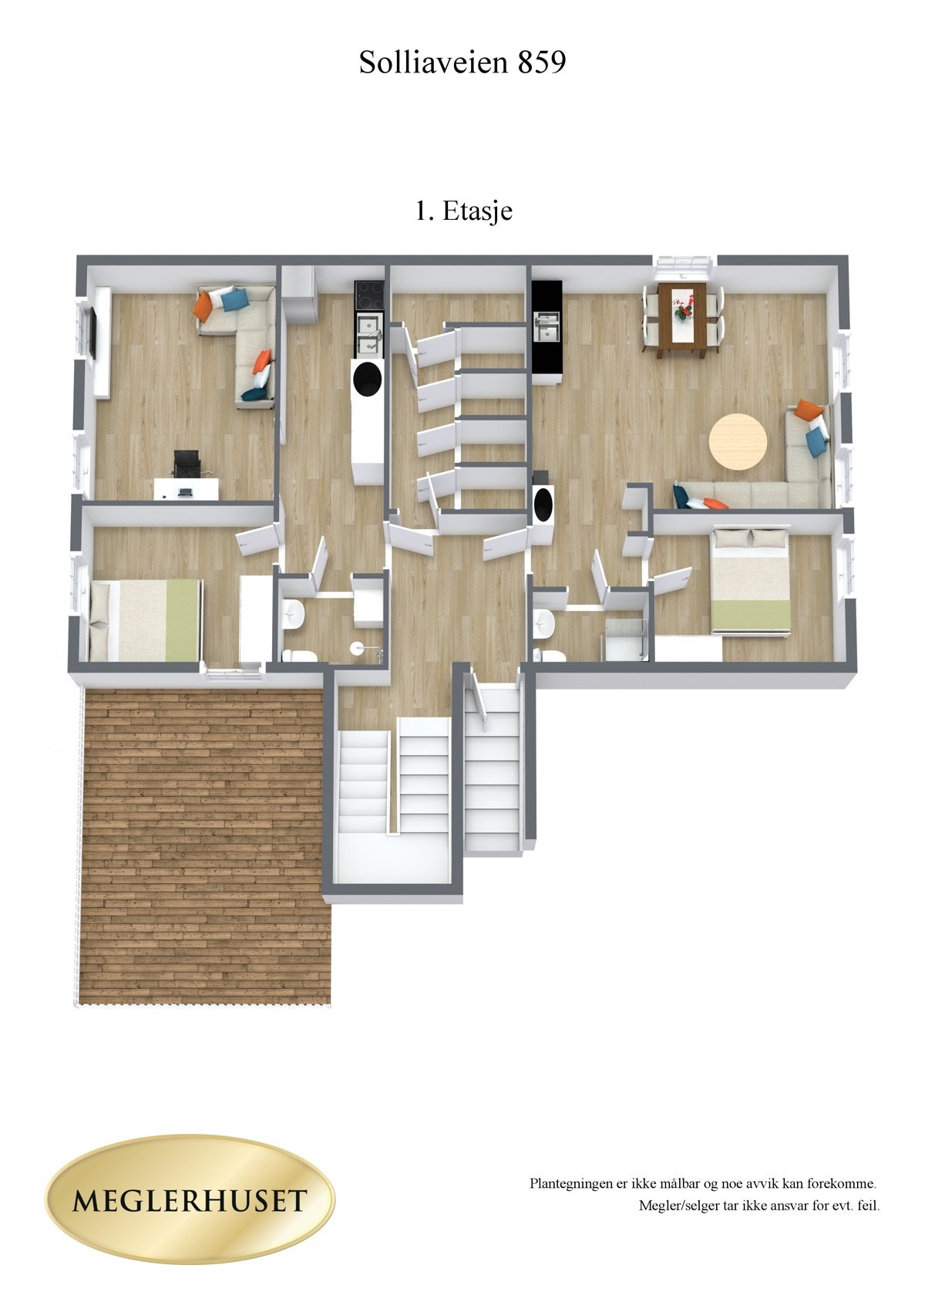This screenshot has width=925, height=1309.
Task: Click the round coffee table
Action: click(738, 441)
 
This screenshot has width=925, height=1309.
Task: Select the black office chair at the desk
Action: click(186, 466)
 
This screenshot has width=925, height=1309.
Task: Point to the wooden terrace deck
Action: click(204, 845)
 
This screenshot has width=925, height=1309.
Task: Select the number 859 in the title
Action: click(541, 62)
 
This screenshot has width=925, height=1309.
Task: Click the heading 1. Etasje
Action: click(464, 211)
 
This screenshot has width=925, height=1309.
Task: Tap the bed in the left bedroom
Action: click(144, 619)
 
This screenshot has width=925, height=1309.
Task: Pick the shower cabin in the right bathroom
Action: click(626, 639)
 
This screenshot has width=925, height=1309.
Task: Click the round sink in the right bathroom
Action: click(544, 621)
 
